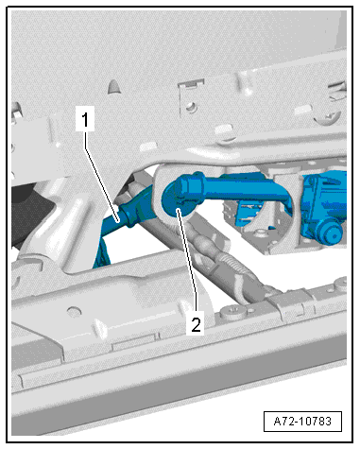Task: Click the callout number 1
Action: click(86, 120)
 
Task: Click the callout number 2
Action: click(196, 324)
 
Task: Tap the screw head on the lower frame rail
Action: click(232, 309)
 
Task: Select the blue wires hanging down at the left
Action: click(104, 250)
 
